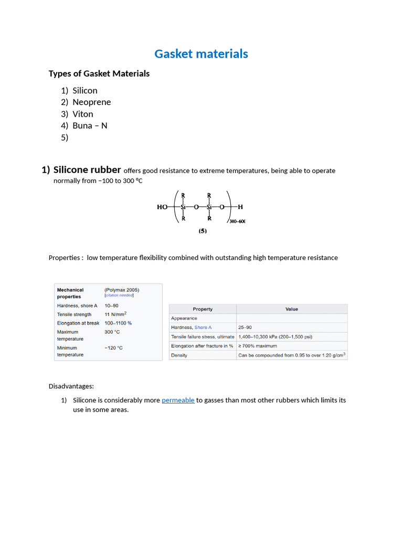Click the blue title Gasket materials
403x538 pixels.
(x=201, y=54)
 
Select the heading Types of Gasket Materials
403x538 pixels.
(x=99, y=74)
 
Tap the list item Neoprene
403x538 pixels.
(x=91, y=102)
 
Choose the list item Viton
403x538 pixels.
(x=83, y=114)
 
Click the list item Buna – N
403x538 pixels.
(x=90, y=126)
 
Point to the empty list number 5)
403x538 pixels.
(x=65, y=138)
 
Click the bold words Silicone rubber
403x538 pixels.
(x=87, y=170)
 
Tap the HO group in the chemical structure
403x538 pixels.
(x=163, y=207)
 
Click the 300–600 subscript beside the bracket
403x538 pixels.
(x=237, y=221)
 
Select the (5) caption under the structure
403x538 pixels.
(x=202, y=230)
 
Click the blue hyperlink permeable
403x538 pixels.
(x=178, y=400)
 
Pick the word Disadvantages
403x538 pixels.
(x=71, y=386)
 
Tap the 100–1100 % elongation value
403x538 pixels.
(x=118, y=323)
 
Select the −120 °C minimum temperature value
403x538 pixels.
(x=113, y=348)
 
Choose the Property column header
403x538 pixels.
(x=203, y=309)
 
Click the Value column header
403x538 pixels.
(x=291, y=309)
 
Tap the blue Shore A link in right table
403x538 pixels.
(x=203, y=327)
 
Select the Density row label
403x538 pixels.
(x=179, y=355)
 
